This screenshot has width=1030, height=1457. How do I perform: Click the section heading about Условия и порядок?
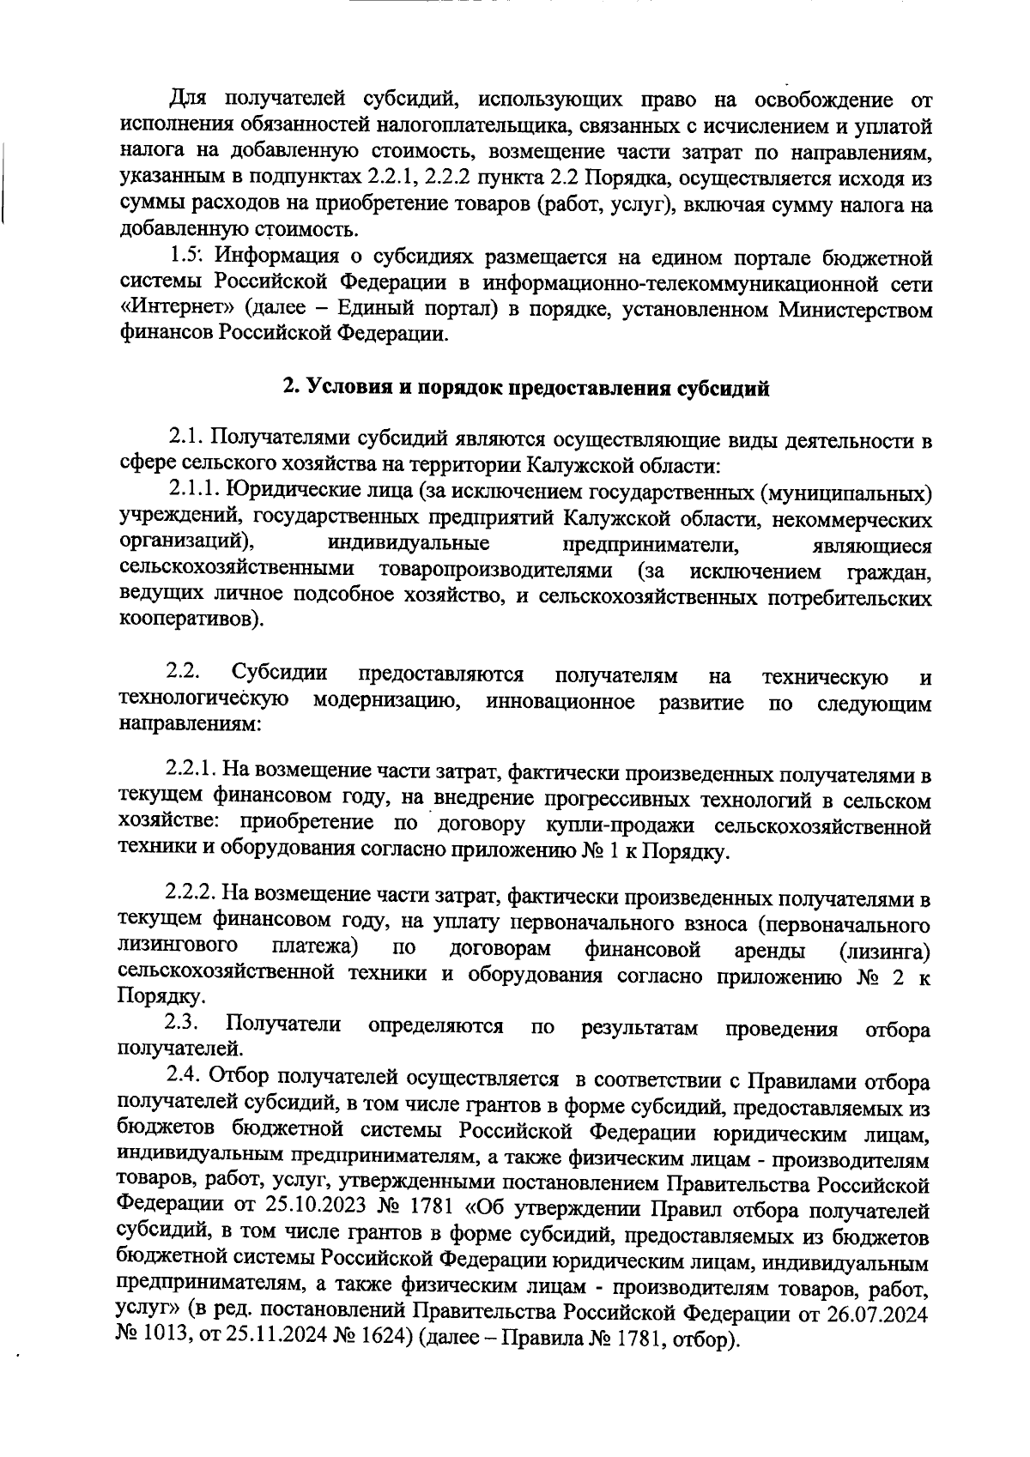526,388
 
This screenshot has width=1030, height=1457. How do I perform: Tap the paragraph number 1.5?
185,257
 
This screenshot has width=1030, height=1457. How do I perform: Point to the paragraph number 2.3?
183,1024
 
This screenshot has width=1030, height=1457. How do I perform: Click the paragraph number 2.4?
184,1076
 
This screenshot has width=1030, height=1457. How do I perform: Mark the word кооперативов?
189,620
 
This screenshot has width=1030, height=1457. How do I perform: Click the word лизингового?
177,948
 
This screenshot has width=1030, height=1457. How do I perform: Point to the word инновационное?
560,703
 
